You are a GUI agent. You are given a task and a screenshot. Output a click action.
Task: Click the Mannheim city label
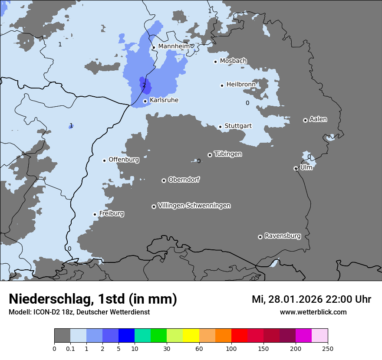(174, 46)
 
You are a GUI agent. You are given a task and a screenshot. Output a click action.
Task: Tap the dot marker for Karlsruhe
(145, 101)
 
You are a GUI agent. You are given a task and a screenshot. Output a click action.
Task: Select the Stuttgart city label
(238, 126)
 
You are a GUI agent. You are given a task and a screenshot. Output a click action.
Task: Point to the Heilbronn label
(241, 84)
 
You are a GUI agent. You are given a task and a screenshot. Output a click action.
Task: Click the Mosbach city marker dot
(215, 62)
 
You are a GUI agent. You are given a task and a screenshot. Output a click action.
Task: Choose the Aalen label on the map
(318, 119)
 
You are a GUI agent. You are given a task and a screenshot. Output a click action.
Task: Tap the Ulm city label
(306, 167)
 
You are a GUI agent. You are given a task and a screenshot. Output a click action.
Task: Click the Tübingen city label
(228, 154)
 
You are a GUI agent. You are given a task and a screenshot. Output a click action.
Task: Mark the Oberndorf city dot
(164, 180)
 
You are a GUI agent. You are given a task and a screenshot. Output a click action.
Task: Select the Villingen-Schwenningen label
(194, 206)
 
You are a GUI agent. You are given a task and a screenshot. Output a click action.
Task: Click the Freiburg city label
(112, 213)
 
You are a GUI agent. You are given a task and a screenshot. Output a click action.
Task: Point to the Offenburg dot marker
(104, 160)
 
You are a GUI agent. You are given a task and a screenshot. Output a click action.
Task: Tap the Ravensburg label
(283, 236)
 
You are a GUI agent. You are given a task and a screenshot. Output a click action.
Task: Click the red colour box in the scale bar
(239, 336)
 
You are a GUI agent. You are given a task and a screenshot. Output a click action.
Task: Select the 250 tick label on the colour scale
(328, 348)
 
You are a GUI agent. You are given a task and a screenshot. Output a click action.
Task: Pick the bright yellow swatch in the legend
(191, 336)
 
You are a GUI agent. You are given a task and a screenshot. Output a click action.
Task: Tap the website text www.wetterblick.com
(313, 312)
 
